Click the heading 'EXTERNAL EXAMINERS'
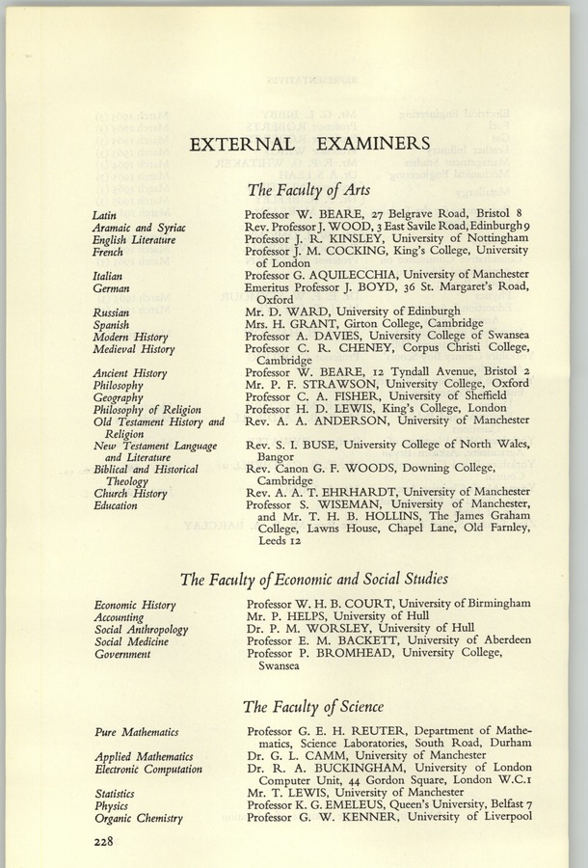309,145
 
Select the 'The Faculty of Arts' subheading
308,190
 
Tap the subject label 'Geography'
118,397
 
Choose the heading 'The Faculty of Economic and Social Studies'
313,580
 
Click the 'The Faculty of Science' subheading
313,707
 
